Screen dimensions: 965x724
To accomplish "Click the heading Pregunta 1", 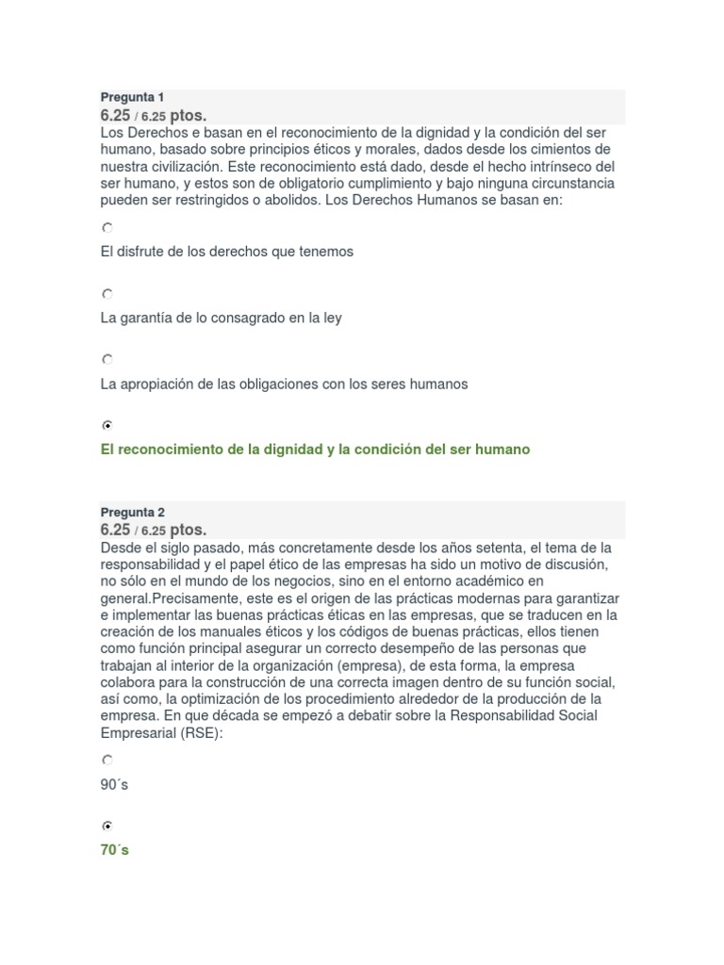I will (x=132, y=98).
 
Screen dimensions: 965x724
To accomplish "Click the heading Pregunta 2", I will (x=132, y=513).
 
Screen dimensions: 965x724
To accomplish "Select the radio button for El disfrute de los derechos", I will (x=107, y=228).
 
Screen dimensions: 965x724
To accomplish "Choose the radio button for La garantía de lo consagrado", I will (x=107, y=294).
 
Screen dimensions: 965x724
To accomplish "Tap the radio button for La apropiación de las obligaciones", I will (x=107, y=359).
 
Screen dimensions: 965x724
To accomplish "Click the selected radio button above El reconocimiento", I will (x=107, y=425).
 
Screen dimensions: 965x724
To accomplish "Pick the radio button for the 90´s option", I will (x=107, y=760).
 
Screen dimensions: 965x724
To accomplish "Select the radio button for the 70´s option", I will (x=107, y=826).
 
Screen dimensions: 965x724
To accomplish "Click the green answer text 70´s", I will (x=115, y=850).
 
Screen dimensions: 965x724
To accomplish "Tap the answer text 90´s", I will (x=115, y=784).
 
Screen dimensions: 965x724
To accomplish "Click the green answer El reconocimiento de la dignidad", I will (x=315, y=450).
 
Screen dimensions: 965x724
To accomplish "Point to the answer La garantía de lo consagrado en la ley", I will (x=221, y=318).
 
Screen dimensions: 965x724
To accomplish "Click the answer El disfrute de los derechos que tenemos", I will (x=226, y=252).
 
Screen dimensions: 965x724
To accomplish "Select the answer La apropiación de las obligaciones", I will (x=284, y=384).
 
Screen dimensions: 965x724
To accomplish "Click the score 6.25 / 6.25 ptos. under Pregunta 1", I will (x=153, y=114).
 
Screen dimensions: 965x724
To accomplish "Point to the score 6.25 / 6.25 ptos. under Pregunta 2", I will (x=153, y=530).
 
